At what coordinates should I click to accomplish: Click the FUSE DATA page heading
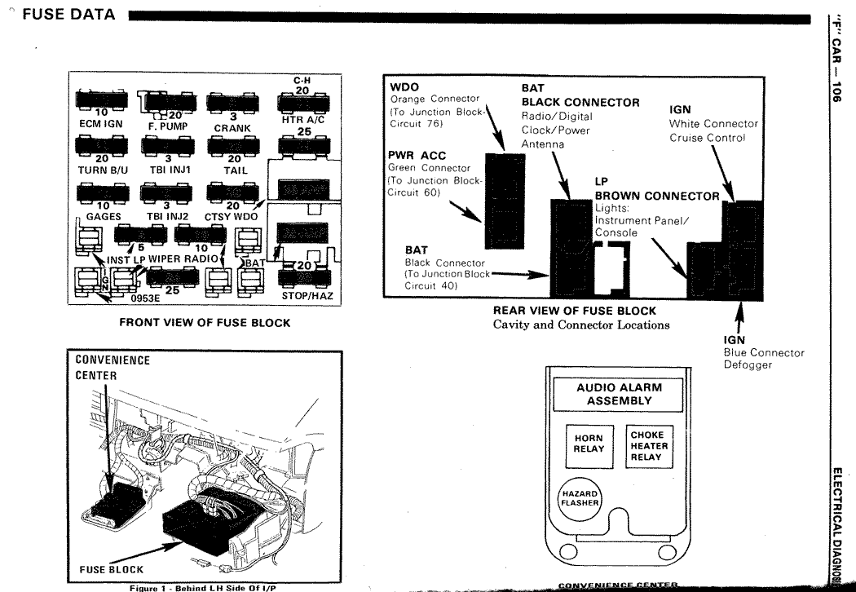(x=64, y=15)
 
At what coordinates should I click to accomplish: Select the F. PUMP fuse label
(x=168, y=127)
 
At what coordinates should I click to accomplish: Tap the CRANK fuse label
(x=232, y=127)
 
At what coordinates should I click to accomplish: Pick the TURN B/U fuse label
(x=99, y=170)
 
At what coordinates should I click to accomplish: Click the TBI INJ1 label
(x=167, y=170)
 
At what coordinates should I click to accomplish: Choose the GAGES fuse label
(x=103, y=217)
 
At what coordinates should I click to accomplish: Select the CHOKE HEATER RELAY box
(x=648, y=445)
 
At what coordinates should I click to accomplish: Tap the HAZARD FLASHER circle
(x=579, y=498)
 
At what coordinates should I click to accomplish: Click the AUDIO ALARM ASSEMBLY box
(x=620, y=395)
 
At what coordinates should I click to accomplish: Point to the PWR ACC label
(x=416, y=156)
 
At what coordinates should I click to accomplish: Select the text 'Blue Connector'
(x=764, y=353)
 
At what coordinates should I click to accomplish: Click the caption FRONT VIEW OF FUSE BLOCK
(x=205, y=323)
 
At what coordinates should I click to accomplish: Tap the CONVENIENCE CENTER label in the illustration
(x=113, y=367)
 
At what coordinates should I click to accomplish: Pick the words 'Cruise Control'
(x=708, y=138)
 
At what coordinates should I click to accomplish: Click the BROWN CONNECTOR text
(x=657, y=196)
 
